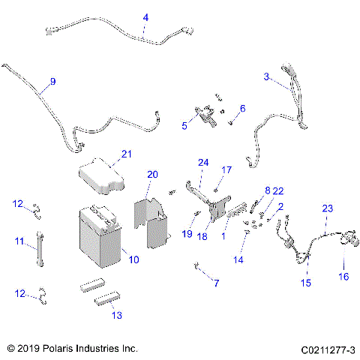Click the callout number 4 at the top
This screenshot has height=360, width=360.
click(145, 16)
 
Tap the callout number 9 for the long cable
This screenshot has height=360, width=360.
click(52, 81)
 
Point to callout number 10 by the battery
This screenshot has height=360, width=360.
click(134, 260)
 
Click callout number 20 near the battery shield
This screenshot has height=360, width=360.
click(152, 175)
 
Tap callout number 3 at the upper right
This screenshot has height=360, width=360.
click(266, 76)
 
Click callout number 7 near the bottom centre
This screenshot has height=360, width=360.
click(217, 283)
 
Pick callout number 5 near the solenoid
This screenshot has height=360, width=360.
click(184, 126)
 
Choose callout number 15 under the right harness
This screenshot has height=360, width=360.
click(305, 283)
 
